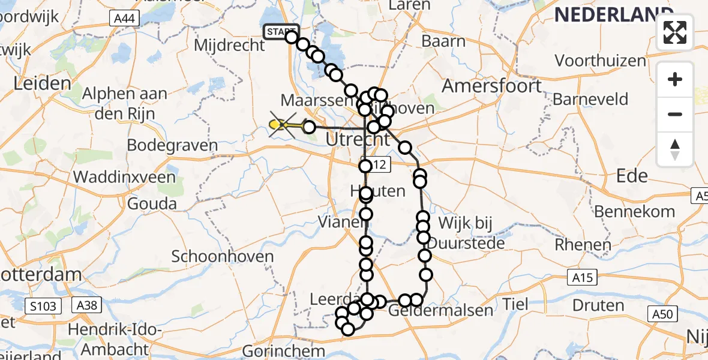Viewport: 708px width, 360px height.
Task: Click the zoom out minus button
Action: [x=675, y=114]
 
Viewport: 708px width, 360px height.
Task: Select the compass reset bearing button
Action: [x=675, y=149]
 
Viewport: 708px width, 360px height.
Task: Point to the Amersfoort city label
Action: [x=492, y=86]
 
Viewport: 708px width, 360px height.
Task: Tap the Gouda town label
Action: [x=152, y=203]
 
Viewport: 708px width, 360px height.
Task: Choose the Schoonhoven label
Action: [x=223, y=256]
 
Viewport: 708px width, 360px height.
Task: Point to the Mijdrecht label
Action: [x=229, y=45]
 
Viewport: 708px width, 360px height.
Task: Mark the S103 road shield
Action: [x=44, y=307]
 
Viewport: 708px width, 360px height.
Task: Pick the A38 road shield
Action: [x=83, y=305]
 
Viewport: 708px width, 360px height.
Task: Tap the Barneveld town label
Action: [x=590, y=98]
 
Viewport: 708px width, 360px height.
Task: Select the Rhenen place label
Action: [x=582, y=244]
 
